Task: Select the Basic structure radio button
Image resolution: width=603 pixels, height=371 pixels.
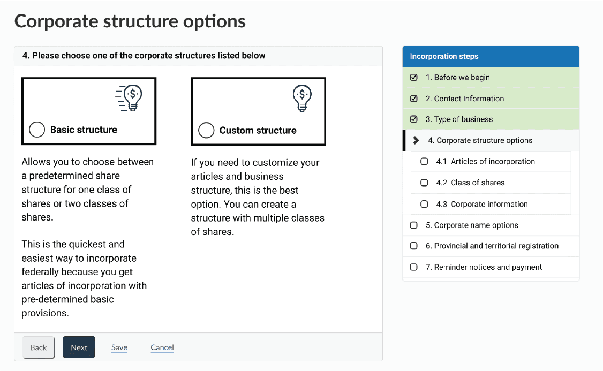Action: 37,130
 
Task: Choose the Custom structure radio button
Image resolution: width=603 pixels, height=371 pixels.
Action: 206,130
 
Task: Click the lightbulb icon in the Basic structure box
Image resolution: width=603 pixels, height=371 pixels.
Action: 131,99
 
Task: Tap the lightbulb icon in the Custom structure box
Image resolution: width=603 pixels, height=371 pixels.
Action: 302,99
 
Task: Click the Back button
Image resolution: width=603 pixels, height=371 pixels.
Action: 39,347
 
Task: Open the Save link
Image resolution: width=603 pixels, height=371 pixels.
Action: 119,347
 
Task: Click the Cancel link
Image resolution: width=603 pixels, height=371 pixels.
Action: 162,347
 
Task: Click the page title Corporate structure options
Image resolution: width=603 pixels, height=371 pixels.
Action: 130,21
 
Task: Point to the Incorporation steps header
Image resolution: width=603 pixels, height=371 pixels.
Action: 444,56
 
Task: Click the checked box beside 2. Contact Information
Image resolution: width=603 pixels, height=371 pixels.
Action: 413,99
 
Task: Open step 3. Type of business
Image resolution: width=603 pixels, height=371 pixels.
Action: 459,119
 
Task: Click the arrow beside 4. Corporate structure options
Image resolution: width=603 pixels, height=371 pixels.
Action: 416,140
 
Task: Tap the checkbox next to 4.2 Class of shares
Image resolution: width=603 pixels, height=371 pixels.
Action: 424,183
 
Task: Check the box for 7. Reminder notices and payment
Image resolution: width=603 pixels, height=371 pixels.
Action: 413,267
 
